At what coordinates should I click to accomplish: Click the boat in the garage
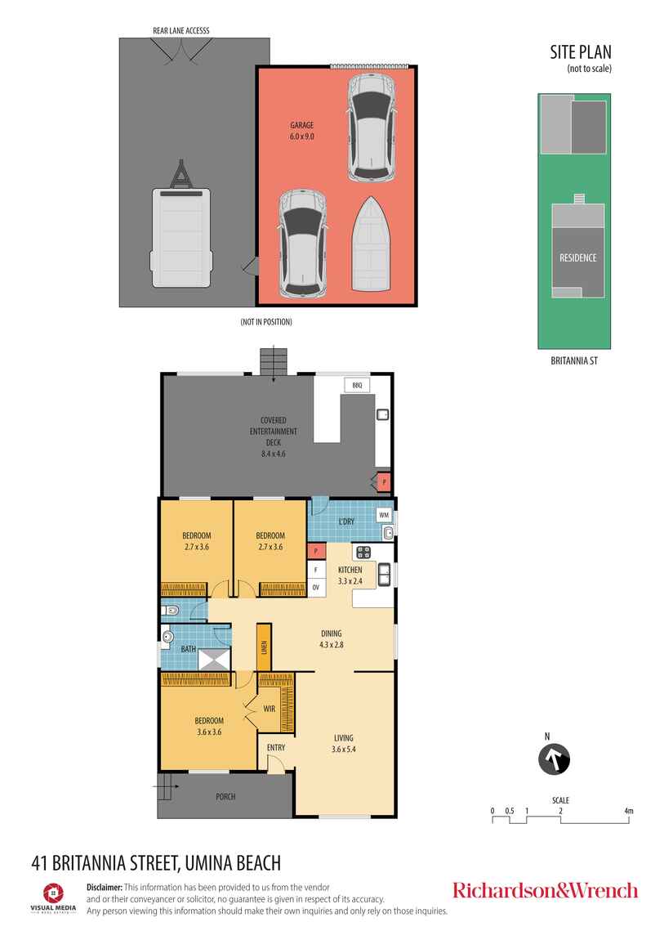pos(372,244)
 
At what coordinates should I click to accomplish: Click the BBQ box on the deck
pos(357,385)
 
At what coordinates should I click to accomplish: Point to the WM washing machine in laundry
pos(384,515)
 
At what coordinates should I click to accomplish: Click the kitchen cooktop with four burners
pos(363,552)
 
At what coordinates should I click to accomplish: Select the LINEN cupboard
pos(264,647)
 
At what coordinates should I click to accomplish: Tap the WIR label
pos(270,709)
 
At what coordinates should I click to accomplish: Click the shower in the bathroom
pos(214,660)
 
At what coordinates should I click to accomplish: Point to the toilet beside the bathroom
pos(170,611)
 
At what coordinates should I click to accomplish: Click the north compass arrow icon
pos(554,759)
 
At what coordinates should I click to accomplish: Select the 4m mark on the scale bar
pos(628,811)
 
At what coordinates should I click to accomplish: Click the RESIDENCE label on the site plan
pos(577,257)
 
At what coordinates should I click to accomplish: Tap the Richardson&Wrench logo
pos(545,890)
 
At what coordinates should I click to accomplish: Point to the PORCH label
pos(225,797)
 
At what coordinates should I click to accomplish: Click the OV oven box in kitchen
pos(315,588)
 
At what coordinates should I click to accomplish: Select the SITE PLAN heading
pos(581,52)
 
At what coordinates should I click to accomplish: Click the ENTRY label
pos(276,748)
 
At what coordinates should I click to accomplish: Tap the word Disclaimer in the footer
pos(105,887)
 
